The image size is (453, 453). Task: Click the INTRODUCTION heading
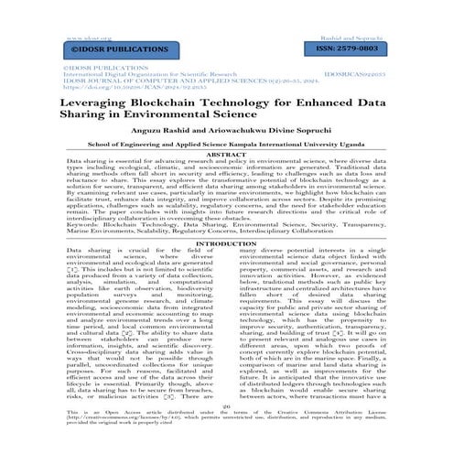[225, 271]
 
